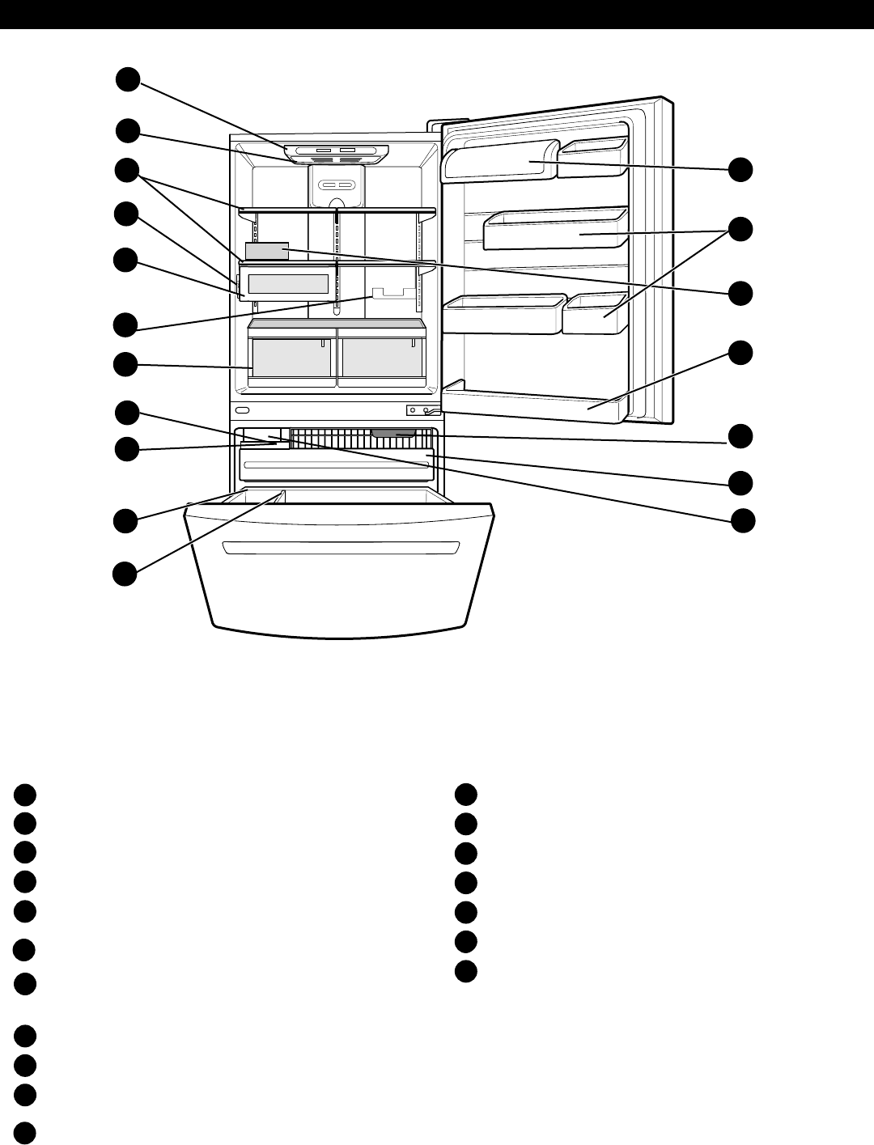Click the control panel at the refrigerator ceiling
(336, 151)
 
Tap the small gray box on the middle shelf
(266, 251)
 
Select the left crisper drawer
(292, 358)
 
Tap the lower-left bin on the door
(502, 314)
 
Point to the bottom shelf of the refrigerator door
(534, 403)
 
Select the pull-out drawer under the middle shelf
(288, 284)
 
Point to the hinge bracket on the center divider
(423, 410)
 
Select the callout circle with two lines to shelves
(126, 172)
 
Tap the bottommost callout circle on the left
(125, 574)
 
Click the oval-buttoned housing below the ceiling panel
(336, 186)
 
